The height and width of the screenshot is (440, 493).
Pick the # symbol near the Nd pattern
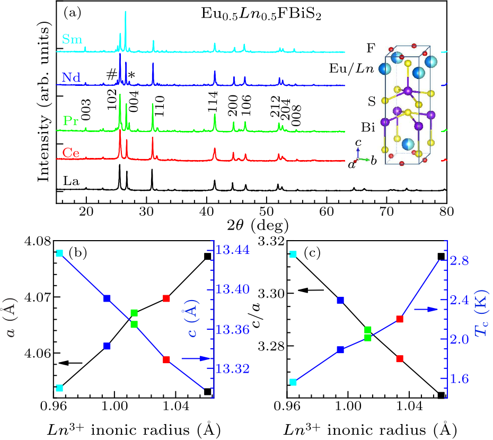pos(111,75)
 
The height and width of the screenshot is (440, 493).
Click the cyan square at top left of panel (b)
pos(60,253)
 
